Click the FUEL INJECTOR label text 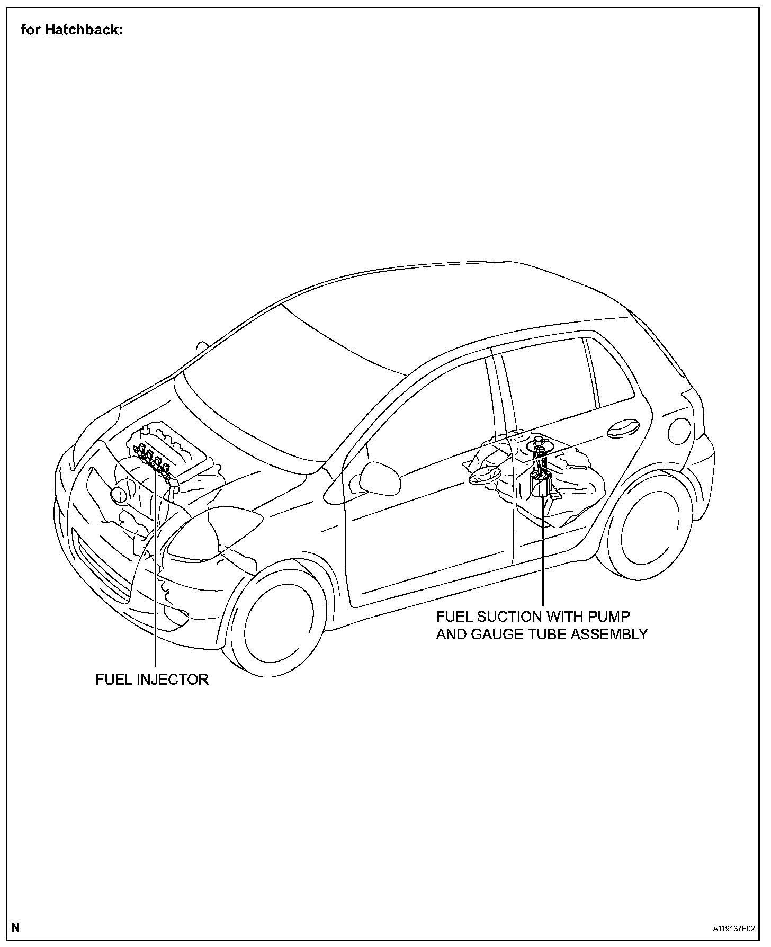point(152,680)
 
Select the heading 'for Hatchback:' point(72,30)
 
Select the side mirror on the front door point(378,477)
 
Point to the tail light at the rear point(679,430)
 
